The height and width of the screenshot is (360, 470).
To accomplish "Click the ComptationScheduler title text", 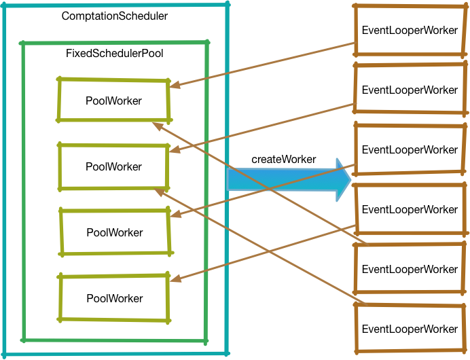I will [x=114, y=15].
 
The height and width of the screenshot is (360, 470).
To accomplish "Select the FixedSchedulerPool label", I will [x=114, y=53].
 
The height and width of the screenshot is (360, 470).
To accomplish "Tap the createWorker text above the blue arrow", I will [x=283, y=159].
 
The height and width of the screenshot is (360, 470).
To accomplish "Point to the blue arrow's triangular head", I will [x=344, y=180].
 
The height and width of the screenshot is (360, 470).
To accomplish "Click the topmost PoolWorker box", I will [x=113, y=101].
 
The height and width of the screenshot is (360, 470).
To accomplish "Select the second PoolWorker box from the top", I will [x=113, y=166].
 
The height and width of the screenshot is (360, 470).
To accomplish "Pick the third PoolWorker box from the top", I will [x=114, y=232].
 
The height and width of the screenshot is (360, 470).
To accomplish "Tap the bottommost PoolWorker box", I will [x=114, y=298].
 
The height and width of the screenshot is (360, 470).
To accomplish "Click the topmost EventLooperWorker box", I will [x=410, y=31].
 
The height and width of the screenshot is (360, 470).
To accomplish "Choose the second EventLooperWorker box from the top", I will [x=410, y=90].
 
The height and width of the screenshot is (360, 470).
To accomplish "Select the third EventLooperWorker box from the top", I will [x=410, y=149].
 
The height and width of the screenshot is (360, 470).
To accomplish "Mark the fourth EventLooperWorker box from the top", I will [x=410, y=209].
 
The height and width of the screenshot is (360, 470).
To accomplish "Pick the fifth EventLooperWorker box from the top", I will [x=410, y=269].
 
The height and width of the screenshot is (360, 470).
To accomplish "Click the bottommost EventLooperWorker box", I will [x=410, y=329].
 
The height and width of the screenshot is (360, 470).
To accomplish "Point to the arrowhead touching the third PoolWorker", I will [x=174, y=216].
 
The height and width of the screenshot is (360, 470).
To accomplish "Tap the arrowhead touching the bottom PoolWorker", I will [x=174, y=280].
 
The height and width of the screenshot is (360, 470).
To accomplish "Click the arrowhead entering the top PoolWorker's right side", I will [x=174, y=86].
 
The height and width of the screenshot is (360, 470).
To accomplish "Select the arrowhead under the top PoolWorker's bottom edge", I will [x=157, y=125].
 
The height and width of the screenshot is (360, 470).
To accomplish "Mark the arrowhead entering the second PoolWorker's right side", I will [x=174, y=151].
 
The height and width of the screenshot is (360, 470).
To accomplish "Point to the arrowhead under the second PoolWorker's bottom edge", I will [x=158, y=191].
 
